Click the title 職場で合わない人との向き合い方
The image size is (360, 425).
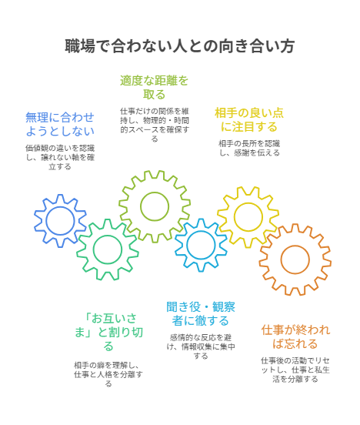(x=179, y=46)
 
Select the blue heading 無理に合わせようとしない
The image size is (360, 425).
(x=60, y=124)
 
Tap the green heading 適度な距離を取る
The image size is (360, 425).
(x=154, y=88)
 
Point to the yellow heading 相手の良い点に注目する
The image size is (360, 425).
(x=249, y=120)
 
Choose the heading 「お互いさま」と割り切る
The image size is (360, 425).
(x=108, y=332)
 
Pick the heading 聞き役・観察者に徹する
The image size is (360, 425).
(x=201, y=314)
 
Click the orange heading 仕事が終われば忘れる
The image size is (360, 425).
(x=295, y=337)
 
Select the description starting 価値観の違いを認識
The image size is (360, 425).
(x=60, y=157)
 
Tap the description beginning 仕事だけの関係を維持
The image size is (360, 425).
(x=155, y=125)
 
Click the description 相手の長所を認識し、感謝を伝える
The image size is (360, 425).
(x=249, y=148)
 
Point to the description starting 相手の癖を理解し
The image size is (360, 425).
(x=108, y=374)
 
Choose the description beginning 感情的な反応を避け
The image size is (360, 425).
(x=201, y=346)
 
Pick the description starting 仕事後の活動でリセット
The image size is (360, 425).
(x=295, y=370)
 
